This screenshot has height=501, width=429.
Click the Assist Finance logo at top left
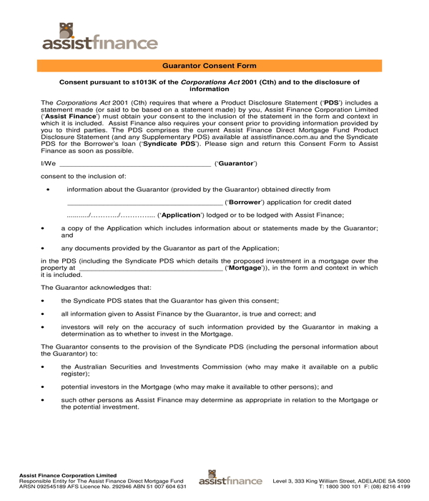click(99, 37)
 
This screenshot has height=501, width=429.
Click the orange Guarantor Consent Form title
click(214, 65)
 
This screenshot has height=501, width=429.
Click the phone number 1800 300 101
click(345, 486)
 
